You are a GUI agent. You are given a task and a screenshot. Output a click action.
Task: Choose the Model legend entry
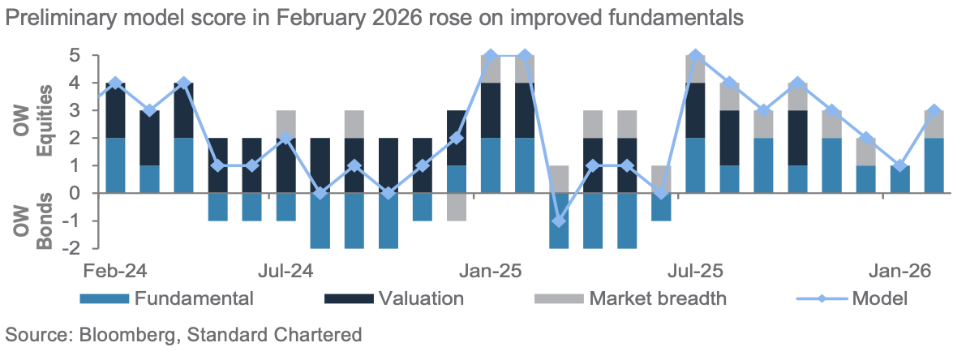point(878,298)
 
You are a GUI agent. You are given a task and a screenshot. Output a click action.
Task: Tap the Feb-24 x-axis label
point(115,269)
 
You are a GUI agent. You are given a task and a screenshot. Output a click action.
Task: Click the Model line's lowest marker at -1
point(558,221)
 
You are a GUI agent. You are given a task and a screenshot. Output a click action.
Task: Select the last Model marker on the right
point(934,111)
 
